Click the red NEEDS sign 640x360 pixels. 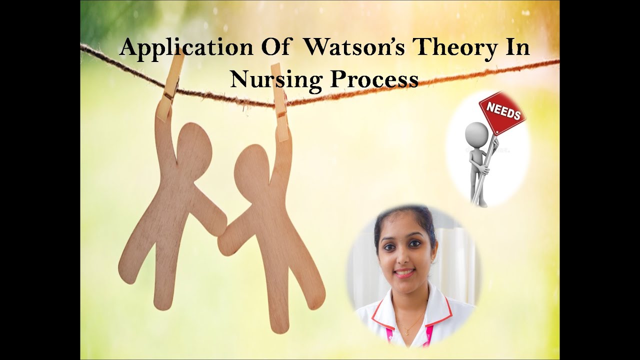tap(502, 112)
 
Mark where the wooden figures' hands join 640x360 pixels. tap(222, 233)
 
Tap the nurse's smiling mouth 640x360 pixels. tap(404, 273)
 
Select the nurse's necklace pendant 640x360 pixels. tap(406, 332)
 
